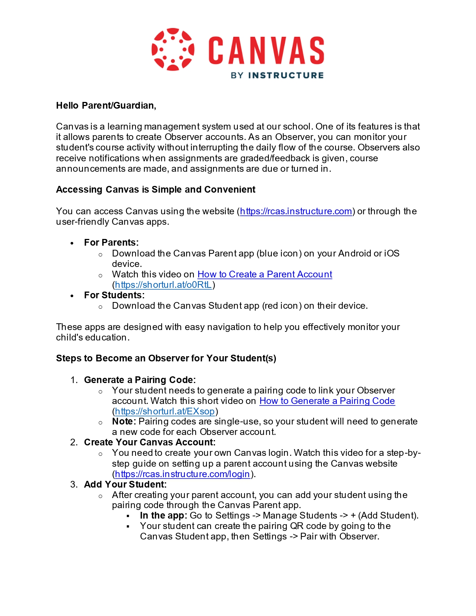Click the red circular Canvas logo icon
[173, 49]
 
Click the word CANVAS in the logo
[266, 50]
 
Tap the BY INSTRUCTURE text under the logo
[277, 75]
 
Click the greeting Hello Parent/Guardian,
[106, 106]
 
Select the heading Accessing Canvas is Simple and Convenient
[156, 190]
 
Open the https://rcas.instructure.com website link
[296, 211]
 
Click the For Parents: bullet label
[111, 243]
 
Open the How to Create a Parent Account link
[264, 274]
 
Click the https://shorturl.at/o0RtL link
[164, 285]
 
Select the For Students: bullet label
[114, 295]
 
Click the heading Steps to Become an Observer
[166, 358]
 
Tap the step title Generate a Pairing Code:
[140, 380]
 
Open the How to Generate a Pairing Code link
[327, 401]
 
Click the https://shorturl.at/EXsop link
[165, 411]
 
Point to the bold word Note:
[124, 421]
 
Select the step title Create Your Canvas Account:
[149, 442]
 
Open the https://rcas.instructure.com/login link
[182, 474]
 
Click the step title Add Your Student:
[125, 485]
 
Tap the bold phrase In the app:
[163, 516]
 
